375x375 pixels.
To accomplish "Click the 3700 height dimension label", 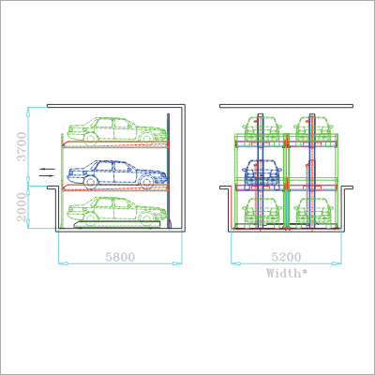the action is pos(22,146).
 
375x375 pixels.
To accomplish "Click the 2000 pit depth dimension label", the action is pos(22,207).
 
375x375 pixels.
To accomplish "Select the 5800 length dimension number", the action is pos(120,257).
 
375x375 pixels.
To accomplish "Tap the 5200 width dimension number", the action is pos(286,257).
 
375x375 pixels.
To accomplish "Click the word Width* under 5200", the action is pos(287,273).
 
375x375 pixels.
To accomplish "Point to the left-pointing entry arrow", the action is pos(47,169).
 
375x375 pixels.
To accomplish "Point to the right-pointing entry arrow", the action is pos(47,175).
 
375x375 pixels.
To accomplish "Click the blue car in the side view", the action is pos(117,174).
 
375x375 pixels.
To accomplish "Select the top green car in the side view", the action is pos(117,131).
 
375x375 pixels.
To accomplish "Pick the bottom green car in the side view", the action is pos(117,210).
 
